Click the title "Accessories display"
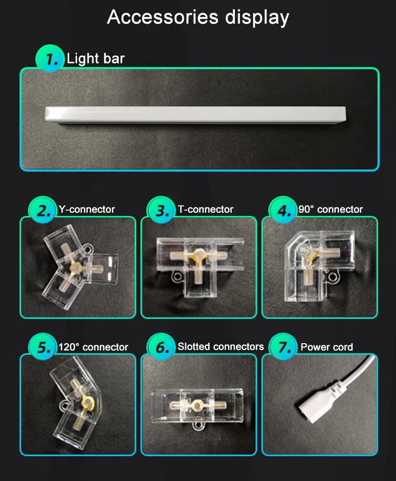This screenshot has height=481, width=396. (x=198, y=17)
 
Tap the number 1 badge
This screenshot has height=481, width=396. (x=50, y=58)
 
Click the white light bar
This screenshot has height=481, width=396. (x=195, y=115)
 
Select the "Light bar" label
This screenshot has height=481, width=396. (x=96, y=59)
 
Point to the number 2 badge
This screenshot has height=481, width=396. (x=43, y=210)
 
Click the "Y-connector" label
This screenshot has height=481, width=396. (x=87, y=209)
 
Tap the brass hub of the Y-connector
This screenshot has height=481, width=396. (x=74, y=268)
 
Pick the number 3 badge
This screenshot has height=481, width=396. (x=161, y=210)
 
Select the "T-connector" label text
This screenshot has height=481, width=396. (x=205, y=209)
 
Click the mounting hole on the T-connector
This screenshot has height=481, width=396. (x=177, y=276)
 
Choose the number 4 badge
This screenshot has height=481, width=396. (x=282, y=210)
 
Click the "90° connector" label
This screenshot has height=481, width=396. (x=331, y=209)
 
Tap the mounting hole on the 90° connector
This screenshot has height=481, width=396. (x=333, y=276)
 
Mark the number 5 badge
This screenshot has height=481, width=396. (x=43, y=347)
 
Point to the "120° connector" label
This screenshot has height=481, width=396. (x=93, y=347)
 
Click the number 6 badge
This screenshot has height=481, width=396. (x=161, y=347)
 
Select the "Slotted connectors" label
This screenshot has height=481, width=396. (x=221, y=347)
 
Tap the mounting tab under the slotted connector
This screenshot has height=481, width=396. (x=199, y=426)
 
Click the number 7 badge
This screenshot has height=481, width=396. (x=282, y=347)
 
